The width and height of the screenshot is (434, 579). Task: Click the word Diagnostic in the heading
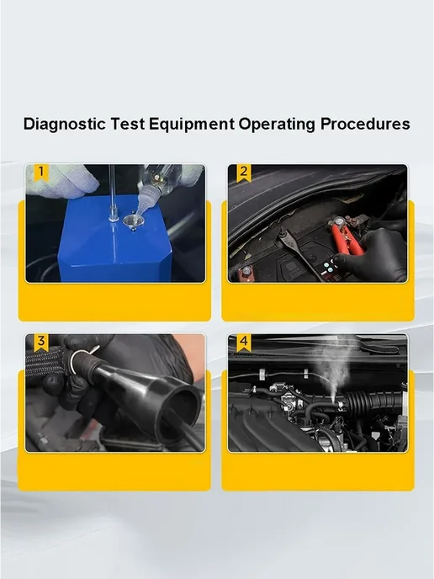coord(64,124)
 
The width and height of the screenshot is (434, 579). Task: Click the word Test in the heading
coord(127,124)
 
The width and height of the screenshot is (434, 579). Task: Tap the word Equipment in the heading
coord(192,125)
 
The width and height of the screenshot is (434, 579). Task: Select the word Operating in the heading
coord(277,125)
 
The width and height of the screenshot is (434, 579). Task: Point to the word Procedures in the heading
coord(365,124)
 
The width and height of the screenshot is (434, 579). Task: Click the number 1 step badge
coord(41,172)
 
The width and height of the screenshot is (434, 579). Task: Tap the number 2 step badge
coord(244,172)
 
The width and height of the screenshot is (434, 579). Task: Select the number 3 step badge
coord(41,342)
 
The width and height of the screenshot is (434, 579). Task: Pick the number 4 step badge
coord(244,342)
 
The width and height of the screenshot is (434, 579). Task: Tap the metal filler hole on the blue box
coord(130,222)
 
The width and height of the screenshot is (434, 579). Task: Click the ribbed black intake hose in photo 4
coord(373,405)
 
